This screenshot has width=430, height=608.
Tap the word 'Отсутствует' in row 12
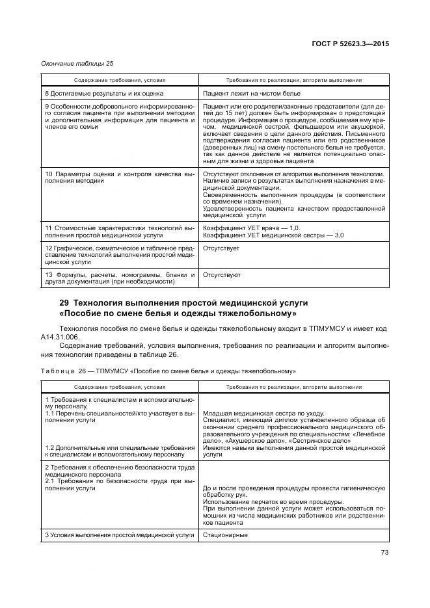click(x=221, y=248)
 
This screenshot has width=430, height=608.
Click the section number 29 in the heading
click(x=64, y=303)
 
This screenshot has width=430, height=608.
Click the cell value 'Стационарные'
click(x=225, y=535)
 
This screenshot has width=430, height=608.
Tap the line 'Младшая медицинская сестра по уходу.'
click(x=256, y=413)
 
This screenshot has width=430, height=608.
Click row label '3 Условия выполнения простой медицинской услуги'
click(x=120, y=535)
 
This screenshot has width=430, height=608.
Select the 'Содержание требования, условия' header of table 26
click(x=120, y=387)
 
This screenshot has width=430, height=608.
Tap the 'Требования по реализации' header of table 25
click(x=293, y=80)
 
